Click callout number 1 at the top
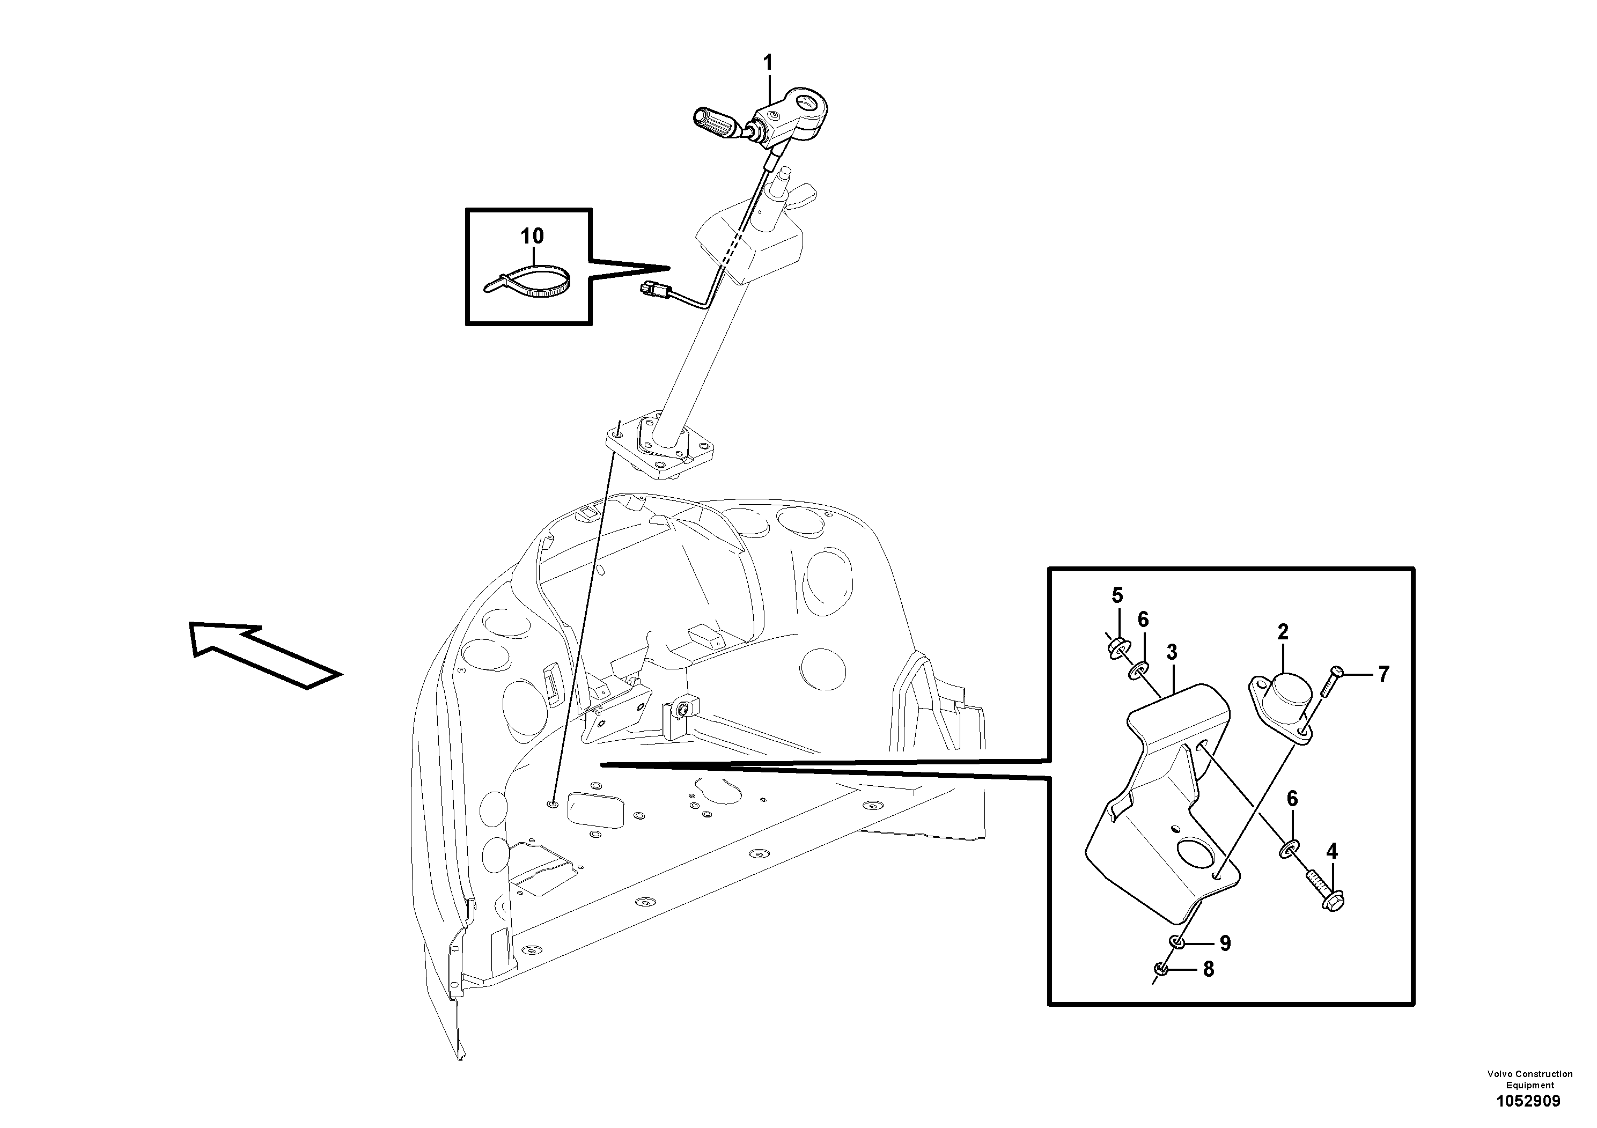tap(767, 63)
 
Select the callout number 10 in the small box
tap(532, 236)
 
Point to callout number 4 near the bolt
tap(1331, 851)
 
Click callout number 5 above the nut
tap(1117, 595)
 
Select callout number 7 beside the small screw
tap(1383, 674)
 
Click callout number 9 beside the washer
tap(1225, 943)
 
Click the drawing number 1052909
tap(1527, 1101)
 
